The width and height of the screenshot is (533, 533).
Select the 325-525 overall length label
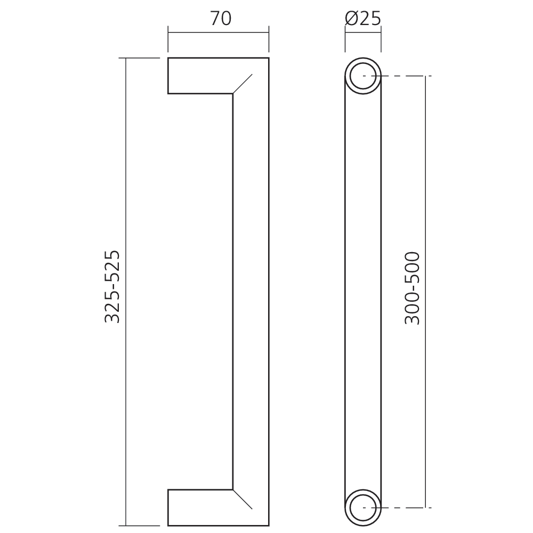(x=112, y=287)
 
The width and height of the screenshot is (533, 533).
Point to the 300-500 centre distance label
(x=412, y=288)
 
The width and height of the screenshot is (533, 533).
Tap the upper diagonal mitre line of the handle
(x=243, y=84)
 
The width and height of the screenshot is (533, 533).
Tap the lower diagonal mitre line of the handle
(x=243, y=499)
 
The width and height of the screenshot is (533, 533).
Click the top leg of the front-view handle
(x=200, y=76)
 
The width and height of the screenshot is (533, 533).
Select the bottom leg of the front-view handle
(x=200, y=507)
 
